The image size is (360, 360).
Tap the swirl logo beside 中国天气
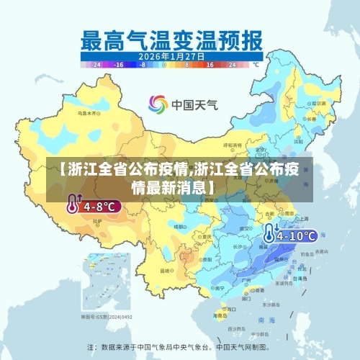click(x=158, y=104)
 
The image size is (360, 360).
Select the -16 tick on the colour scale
click(x=120, y=64)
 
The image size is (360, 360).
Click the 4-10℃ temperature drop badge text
click(x=297, y=235)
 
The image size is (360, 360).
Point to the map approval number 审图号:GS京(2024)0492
click(x=106, y=316)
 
